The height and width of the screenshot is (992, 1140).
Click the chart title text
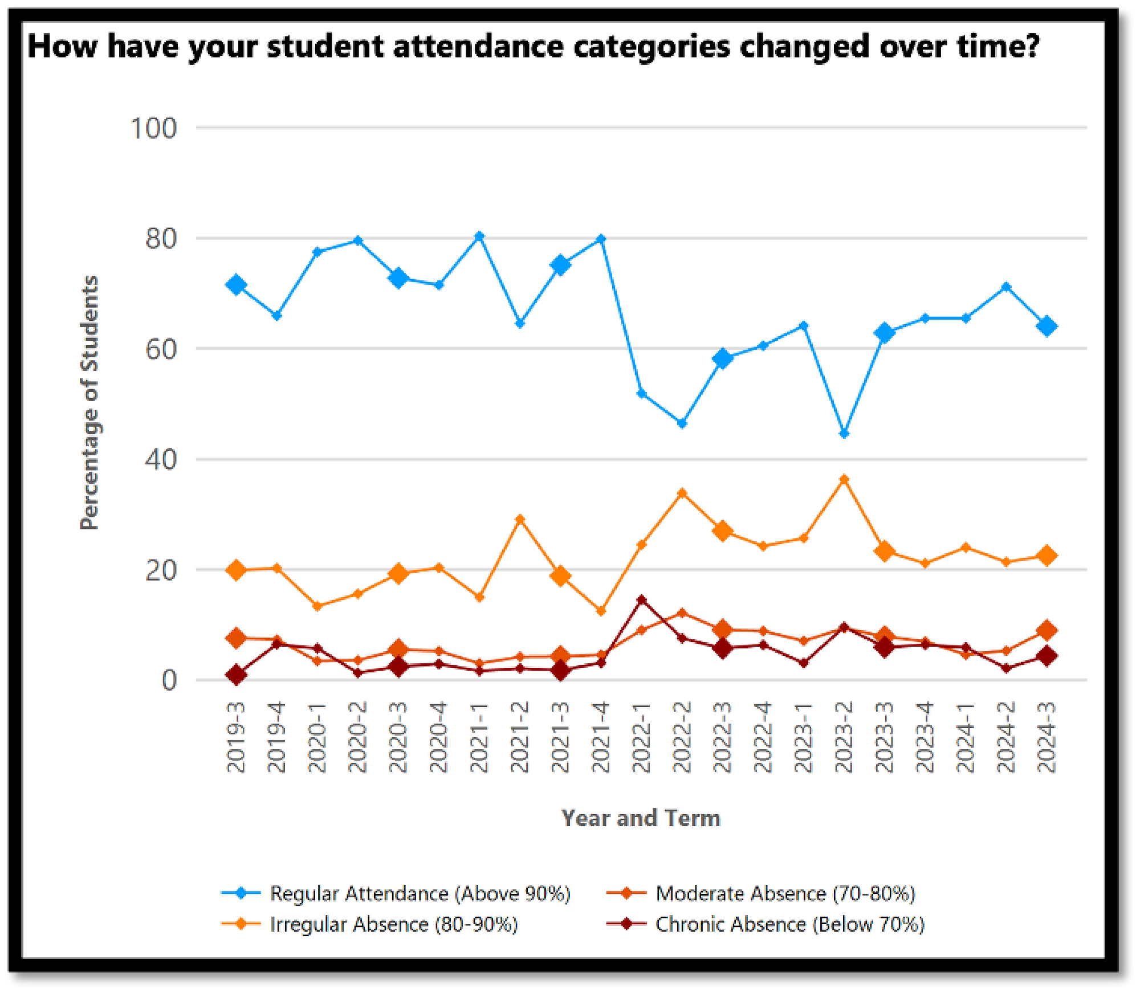pyautogui.click(x=534, y=46)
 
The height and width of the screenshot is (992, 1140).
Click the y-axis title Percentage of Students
pyautogui.click(x=89, y=402)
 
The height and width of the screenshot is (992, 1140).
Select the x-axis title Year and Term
pyautogui.click(x=641, y=818)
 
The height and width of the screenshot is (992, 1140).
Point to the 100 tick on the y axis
pyautogui.click(x=153, y=128)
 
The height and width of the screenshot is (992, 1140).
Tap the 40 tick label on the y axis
pyautogui.click(x=160, y=460)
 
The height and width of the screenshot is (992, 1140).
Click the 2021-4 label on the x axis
pyautogui.click(x=601, y=737)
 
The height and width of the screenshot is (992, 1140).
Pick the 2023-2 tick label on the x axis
pyautogui.click(x=844, y=737)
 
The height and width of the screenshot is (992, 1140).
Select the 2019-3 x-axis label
pyautogui.click(x=236, y=737)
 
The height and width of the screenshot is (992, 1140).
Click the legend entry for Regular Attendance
pyautogui.click(x=420, y=893)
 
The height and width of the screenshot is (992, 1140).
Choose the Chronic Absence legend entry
pyautogui.click(x=789, y=924)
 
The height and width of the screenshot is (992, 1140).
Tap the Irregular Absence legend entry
pyautogui.click(x=394, y=924)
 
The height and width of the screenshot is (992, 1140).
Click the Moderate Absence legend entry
pyautogui.click(x=785, y=893)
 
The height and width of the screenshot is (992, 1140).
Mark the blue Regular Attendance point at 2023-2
pyautogui.click(x=844, y=434)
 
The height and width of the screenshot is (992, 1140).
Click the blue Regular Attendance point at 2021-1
pyautogui.click(x=479, y=236)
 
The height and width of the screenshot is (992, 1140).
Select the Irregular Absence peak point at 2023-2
pyautogui.click(x=844, y=480)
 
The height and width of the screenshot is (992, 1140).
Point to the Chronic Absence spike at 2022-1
pyautogui.click(x=641, y=599)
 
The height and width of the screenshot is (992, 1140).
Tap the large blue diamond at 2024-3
pyautogui.click(x=1047, y=326)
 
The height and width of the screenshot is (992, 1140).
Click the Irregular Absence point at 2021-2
pyautogui.click(x=520, y=519)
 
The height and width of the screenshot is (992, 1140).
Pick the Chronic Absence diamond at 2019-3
pyautogui.click(x=236, y=675)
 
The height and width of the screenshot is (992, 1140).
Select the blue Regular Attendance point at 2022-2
pyautogui.click(x=682, y=423)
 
